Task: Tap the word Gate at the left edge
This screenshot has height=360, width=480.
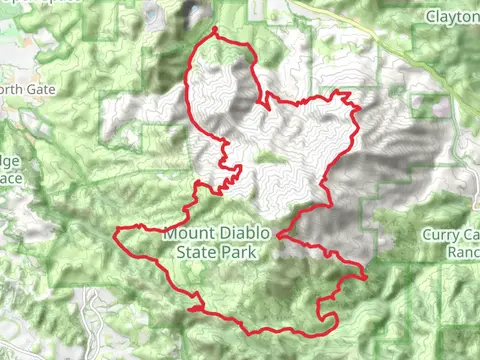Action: [40, 89]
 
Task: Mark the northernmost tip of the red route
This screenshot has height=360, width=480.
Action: [214, 31]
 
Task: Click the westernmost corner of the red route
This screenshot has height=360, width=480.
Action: [116, 232]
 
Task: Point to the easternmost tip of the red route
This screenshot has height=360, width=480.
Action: [367, 275]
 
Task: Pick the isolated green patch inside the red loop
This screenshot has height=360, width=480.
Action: [265, 156]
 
